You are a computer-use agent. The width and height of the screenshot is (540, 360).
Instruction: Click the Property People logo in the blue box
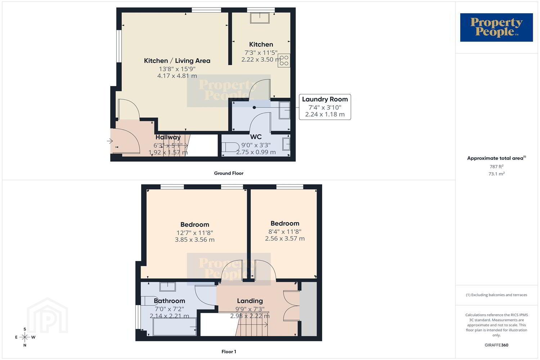coord(496,27)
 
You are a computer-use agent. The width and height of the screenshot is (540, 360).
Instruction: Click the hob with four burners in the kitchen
coord(284,60)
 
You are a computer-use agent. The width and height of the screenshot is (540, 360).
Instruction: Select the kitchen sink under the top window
coord(260,18)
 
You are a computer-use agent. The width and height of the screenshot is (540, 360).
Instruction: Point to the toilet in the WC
coord(230,147)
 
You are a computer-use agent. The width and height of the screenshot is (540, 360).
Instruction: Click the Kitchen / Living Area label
coord(177,61)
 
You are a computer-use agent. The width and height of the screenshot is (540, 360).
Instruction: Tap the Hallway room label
coord(168,137)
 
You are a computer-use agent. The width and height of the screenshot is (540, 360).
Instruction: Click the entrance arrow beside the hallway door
coord(110,141)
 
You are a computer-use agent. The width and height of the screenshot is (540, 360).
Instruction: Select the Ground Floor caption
coord(229,173)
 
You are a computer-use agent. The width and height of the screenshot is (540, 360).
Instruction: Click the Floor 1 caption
coord(229,352)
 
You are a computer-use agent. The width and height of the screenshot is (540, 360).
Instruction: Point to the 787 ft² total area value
coord(496,166)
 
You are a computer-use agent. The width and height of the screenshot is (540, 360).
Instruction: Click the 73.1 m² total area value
coord(496,174)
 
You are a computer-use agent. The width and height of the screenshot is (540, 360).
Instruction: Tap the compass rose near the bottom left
coord(25,337)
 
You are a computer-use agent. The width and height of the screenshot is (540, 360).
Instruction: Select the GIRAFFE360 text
coord(496,345)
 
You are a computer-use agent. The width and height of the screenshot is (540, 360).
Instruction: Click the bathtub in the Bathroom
coord(175,327)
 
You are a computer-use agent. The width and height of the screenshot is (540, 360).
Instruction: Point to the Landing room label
coord(250,301)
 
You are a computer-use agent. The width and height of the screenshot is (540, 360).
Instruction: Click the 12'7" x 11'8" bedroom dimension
coord(194,233)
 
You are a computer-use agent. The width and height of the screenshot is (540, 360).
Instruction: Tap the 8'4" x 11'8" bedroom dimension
coord(285,232)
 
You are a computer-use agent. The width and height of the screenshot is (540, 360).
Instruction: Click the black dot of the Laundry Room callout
coord(254,108)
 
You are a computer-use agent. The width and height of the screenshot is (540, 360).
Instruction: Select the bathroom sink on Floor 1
coord(167,287)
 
